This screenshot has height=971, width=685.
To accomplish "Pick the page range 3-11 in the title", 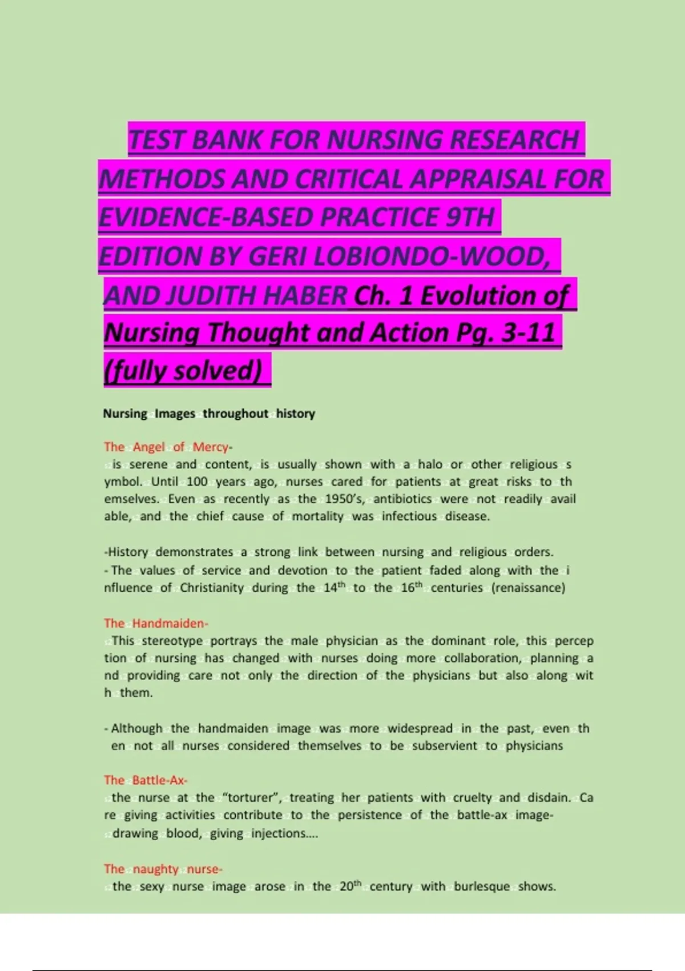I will [529, 332].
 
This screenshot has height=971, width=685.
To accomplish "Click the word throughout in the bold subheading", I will [235, 414].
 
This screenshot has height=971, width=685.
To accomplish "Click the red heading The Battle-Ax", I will [146, 780].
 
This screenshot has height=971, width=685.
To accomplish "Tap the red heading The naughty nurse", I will [163, 869].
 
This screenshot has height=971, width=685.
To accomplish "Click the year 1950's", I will [344, 499].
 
